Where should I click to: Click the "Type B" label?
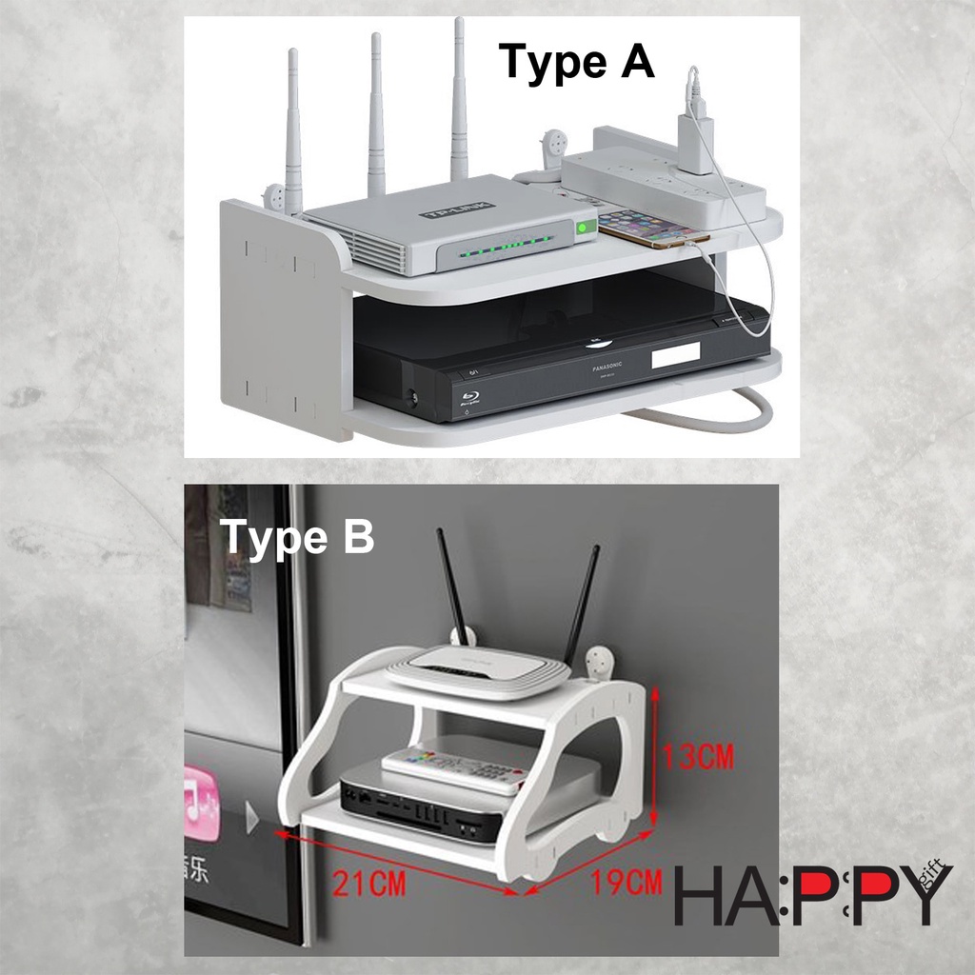point(297,537)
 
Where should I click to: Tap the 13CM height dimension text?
point(699,757)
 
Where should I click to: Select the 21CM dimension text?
point(369,884)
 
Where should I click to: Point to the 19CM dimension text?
point(625,883)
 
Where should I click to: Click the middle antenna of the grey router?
point(377,114)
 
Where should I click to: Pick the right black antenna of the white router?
point(581,604)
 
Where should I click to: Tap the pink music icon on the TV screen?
point(202,803)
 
